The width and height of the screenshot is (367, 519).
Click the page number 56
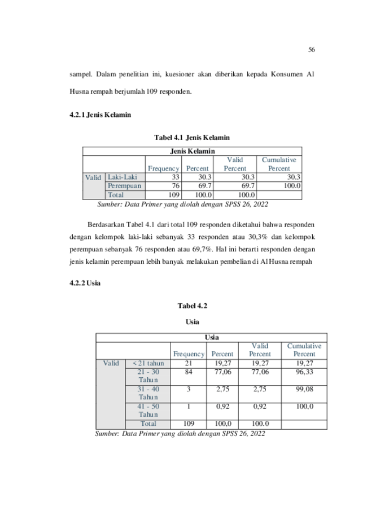312,50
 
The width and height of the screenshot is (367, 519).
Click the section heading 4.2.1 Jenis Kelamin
101,115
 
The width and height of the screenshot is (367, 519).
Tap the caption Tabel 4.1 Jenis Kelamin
192,137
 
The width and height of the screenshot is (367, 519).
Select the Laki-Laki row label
123,177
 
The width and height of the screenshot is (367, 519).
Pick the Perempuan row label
124,186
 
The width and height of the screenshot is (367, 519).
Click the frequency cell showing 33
176,177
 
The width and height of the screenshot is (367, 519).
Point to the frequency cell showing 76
176,186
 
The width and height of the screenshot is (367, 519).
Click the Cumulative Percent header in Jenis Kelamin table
279,164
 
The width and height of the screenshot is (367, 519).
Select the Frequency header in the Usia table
189,354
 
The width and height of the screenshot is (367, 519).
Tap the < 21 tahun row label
148,363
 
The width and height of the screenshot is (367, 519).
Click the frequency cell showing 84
189,372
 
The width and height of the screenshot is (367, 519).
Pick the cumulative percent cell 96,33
304,372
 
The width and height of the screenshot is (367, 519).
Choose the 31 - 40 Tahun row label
148,393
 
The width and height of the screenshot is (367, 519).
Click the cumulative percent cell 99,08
304,389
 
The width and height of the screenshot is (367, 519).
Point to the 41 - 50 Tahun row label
148,410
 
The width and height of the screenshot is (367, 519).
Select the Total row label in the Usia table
148,424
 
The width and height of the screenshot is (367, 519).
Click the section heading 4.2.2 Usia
85,283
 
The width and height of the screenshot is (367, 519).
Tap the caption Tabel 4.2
193,306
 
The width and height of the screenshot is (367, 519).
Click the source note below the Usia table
180,434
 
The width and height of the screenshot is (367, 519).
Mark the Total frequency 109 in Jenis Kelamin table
174,195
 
